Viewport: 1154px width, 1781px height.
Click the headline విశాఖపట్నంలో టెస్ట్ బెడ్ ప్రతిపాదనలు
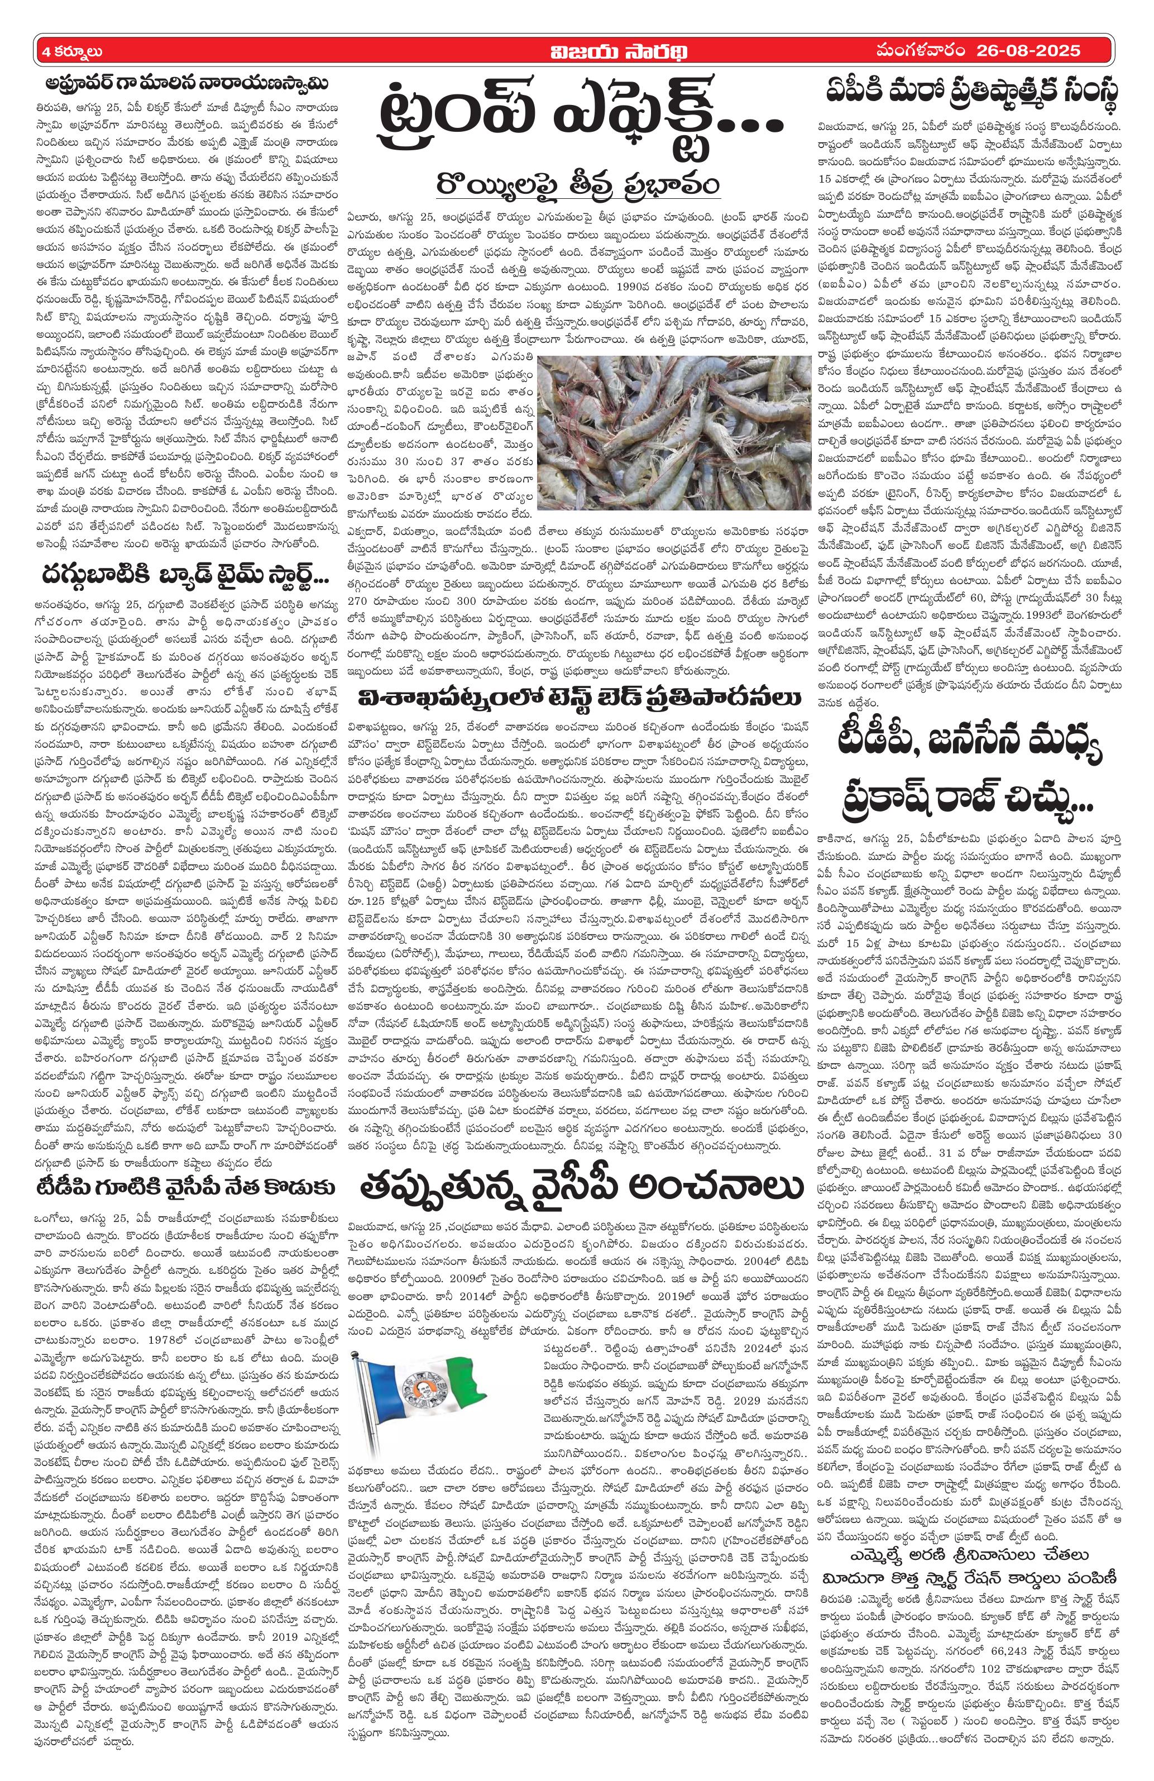tap(575, 698)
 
